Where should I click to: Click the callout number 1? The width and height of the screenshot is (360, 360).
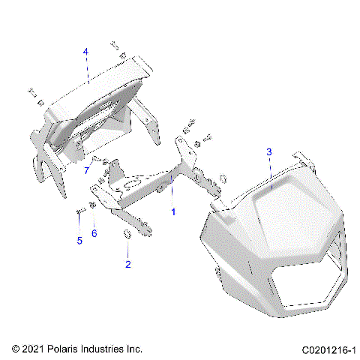[x=174, y=212]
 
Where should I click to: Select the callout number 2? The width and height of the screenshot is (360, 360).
[x=127, y=264]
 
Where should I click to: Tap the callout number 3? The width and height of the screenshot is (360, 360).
[x=268, y=152]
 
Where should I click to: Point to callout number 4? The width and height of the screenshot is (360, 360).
[x=85, y=52]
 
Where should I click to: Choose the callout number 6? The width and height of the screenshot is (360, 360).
[x=94, y=233]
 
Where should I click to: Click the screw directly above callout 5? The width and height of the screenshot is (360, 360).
[x=79, y=212]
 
